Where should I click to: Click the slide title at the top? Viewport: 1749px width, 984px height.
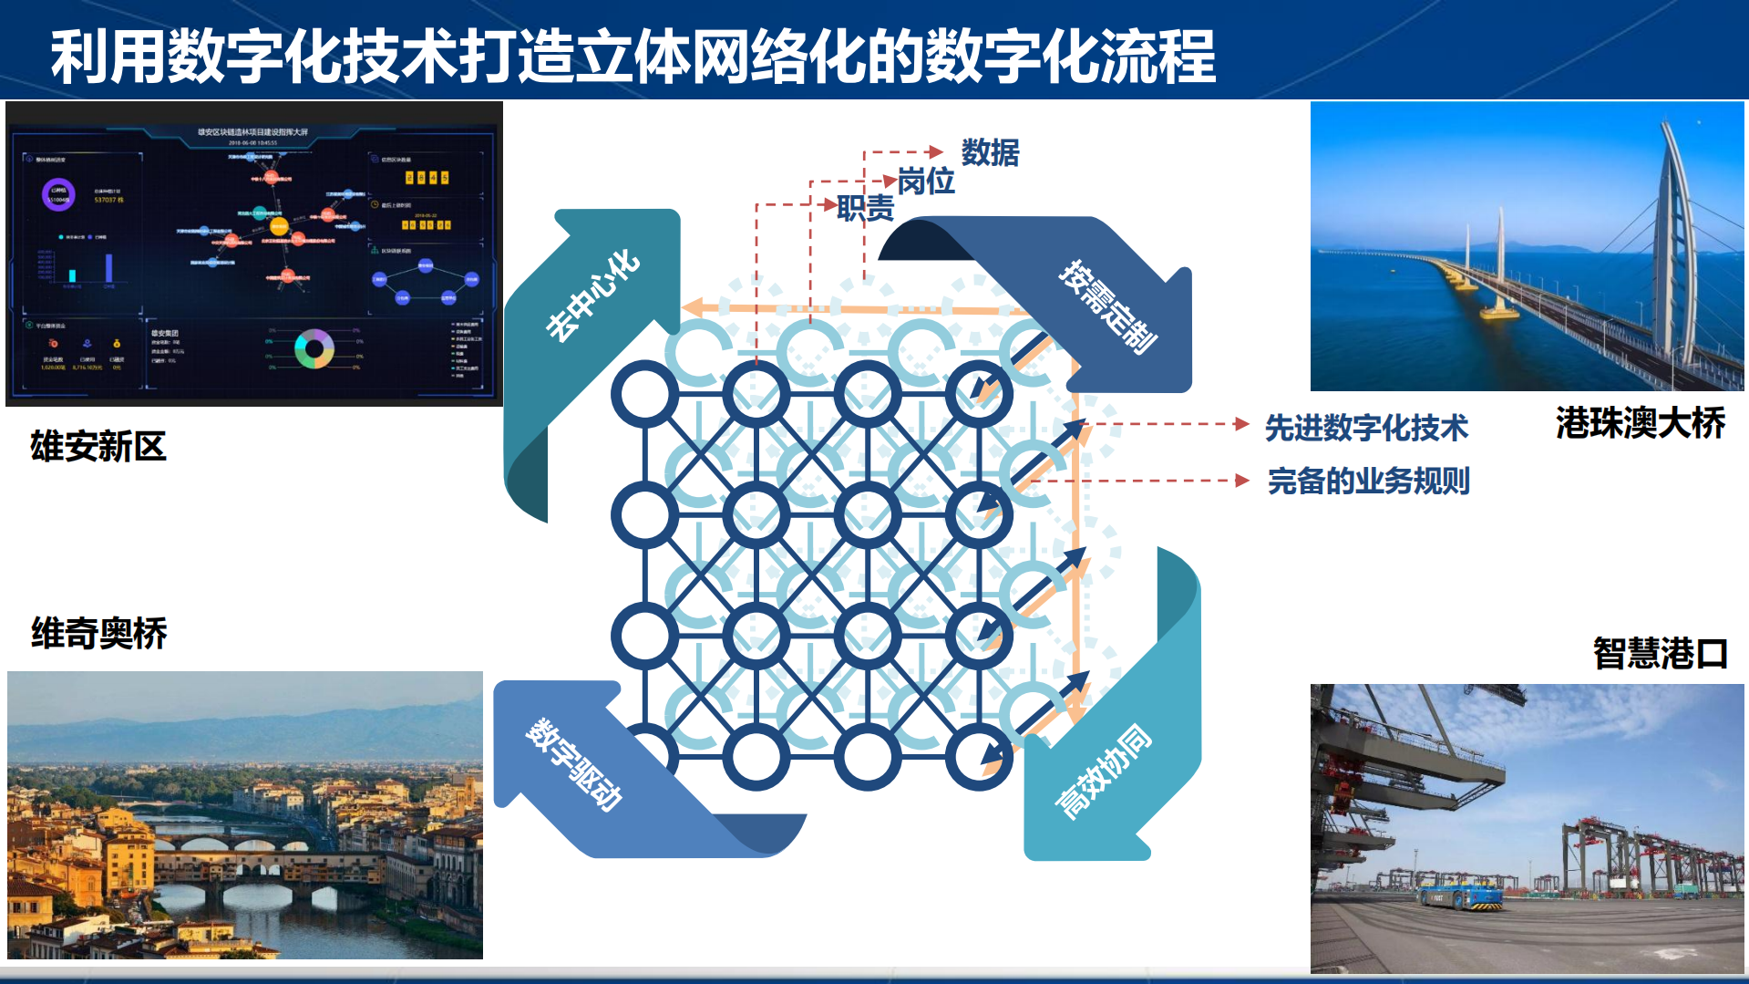point(633,57)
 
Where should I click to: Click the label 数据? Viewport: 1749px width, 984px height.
point(990,152)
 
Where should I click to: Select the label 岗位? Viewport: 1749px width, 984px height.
point(925,181)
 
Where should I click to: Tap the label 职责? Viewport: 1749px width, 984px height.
point(865,209)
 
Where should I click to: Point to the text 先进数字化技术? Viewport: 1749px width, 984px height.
point(1365,428)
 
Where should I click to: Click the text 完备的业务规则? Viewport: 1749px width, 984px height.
point(1368,481)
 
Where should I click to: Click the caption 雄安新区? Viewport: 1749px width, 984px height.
point(98,447)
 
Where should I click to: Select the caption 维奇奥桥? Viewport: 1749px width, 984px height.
point(98,633)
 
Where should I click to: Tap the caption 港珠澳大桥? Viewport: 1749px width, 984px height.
point(1640,423)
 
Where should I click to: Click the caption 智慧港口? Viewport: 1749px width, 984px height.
point(1660,653)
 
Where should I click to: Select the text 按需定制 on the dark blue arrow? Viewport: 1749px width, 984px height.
point(1108,306)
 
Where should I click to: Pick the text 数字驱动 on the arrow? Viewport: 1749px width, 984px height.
point(575,764)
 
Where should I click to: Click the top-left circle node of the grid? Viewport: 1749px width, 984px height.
point(644,394)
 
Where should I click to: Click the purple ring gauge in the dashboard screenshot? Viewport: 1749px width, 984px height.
point(58,194)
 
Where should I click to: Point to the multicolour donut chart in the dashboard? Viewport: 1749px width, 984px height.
point(314,348)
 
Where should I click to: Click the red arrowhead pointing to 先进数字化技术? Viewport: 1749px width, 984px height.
point(1241,424)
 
